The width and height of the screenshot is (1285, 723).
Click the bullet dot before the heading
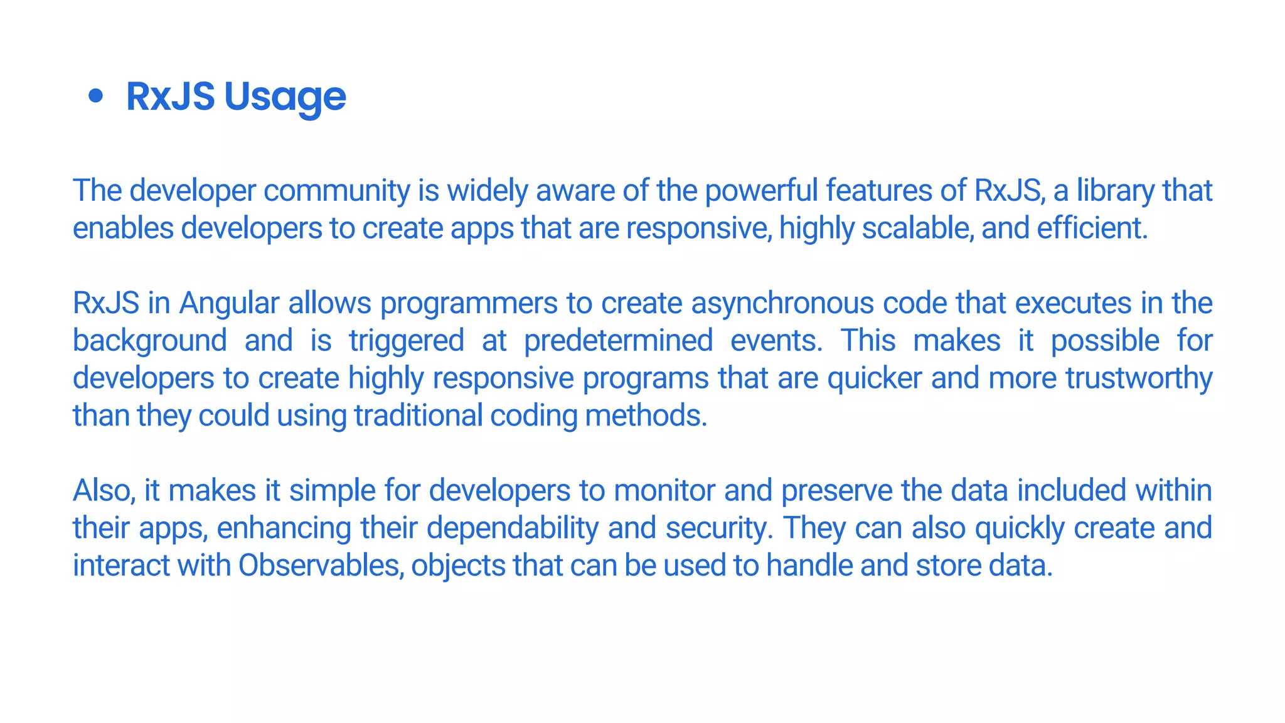(95, 97)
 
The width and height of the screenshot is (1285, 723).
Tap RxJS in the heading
(170, 97)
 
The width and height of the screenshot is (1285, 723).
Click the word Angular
(229, 304)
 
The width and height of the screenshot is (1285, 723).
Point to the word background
(149, 341)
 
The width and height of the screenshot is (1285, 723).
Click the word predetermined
(618, 341)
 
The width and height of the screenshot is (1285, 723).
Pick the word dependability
(512, 528)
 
